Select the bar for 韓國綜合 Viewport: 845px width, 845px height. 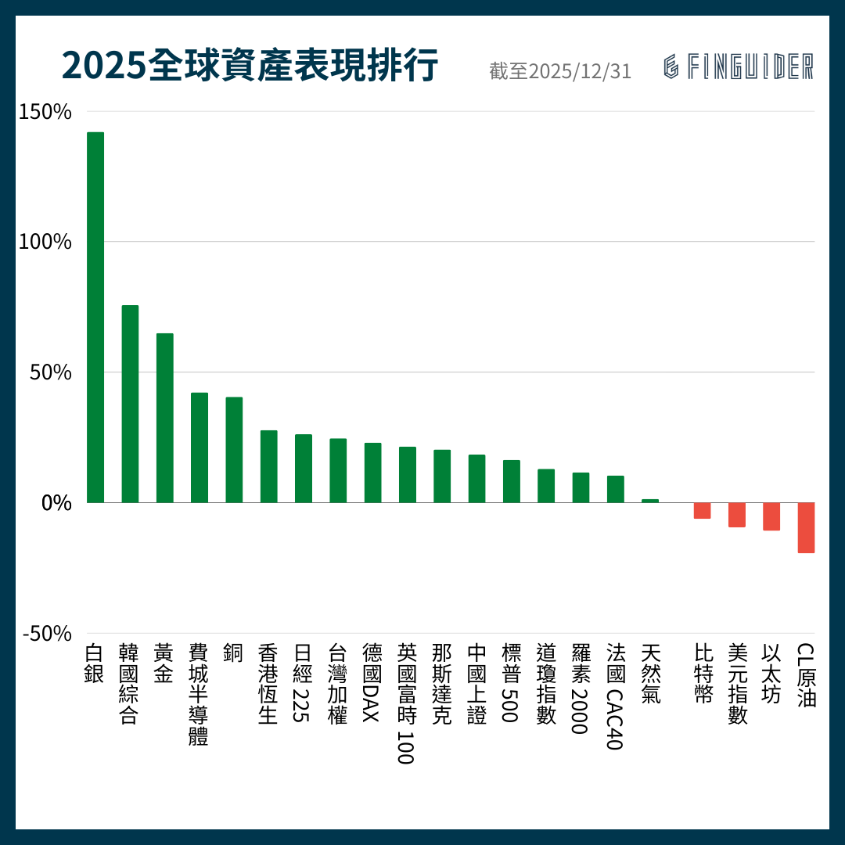tap(130, 404)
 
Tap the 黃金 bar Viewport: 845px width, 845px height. tap(164, 418)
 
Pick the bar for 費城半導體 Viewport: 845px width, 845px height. tap(200, 448)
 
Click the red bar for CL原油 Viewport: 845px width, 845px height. tap(806, 527)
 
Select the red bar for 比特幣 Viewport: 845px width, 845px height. tap(702, 510)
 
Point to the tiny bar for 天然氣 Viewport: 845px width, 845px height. tap(650, 501)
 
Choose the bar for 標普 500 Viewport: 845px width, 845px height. tap(511, 481)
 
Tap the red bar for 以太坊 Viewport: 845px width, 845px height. tap(771, 516)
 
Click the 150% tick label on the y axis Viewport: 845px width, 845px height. tap(45, 112)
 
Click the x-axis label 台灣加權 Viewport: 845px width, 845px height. tap(338, 683)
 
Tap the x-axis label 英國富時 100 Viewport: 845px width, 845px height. tap(407, 703)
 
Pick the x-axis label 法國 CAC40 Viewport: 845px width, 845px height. tap(615, 696)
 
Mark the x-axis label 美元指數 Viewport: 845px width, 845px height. tap(737, 683)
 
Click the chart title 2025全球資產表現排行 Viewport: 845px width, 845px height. tap(250, 67)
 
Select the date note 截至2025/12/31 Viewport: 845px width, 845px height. tap(559, 71)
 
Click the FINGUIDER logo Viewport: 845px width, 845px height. tap(739, 67)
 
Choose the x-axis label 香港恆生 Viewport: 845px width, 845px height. tap(268, 683)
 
